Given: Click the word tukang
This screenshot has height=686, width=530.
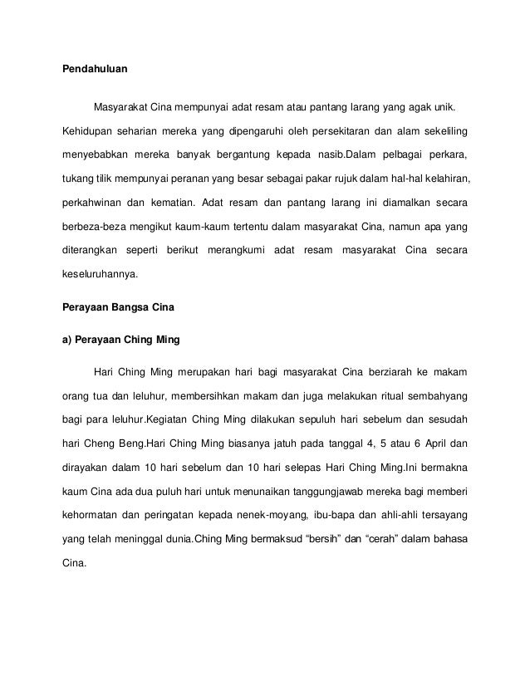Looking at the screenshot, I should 79,179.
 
